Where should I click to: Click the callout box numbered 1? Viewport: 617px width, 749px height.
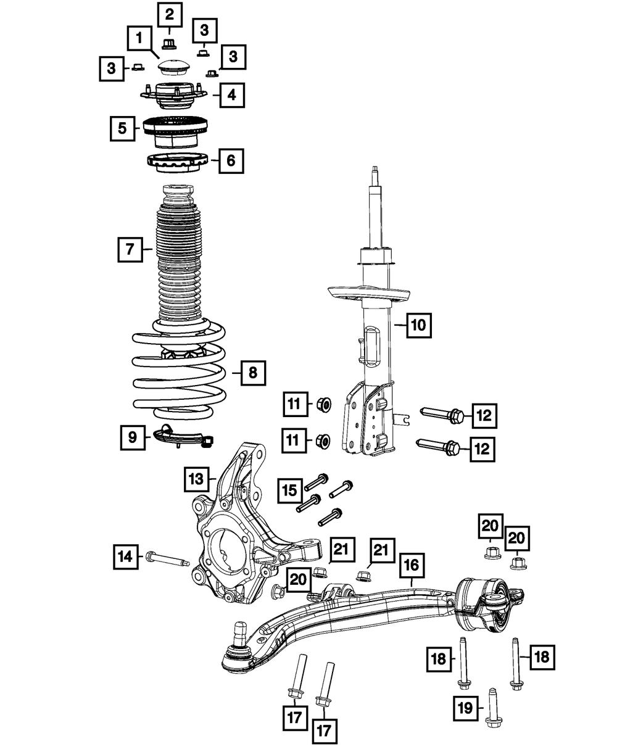coord(140,38)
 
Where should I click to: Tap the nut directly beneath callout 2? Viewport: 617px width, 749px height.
coord(168,43)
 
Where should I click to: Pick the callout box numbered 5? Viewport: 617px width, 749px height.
coord(123,128)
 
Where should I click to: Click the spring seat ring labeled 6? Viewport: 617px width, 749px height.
coord(175,164)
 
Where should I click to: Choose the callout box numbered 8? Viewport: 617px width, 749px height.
coord(253,373)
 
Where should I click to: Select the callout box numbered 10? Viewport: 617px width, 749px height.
coord(419,325)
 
